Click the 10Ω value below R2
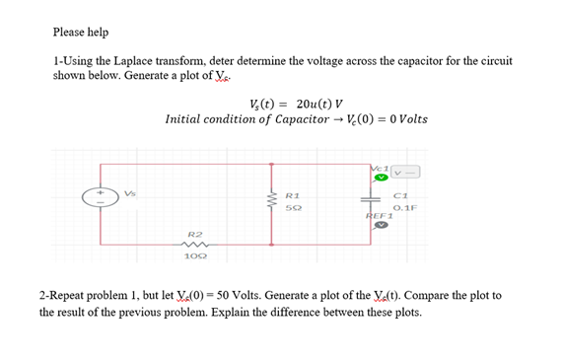click(195, 257)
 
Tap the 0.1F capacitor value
click(404, 208)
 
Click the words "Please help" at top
click(81, 33)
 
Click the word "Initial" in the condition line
click(186, 120)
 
